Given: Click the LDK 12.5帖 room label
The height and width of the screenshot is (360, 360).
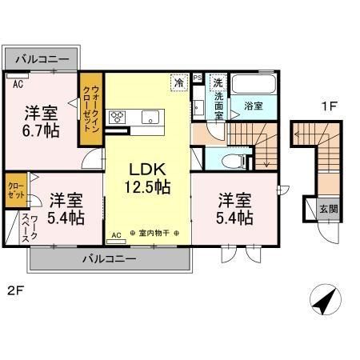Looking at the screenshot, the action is [148, 178].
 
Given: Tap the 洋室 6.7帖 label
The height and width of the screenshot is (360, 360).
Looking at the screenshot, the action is [41, 122].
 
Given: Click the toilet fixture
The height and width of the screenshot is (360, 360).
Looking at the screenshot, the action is [234, 161].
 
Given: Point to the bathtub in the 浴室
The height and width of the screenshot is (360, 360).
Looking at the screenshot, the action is [253, 83].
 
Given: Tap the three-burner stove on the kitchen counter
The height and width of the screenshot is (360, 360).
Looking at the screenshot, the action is [118, 118].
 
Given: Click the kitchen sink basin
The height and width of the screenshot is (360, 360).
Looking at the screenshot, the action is [150, 118].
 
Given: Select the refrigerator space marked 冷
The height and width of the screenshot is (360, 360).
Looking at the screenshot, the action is [179, 82].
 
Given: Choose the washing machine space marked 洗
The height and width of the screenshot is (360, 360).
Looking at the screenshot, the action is [218, 82].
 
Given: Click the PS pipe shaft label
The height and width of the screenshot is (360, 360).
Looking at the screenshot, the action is [198, 78].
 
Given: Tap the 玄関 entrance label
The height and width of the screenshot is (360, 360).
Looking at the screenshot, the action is [329, 209].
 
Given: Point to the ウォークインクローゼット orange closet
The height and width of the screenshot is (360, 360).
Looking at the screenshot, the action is [91, 109].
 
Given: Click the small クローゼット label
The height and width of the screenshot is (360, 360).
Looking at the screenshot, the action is [16, 190].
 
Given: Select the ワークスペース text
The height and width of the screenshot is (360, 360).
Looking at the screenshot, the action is [30, 229].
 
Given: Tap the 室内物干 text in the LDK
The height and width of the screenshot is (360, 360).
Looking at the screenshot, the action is [154, 233].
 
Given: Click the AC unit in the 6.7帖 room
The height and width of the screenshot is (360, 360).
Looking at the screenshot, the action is [18, 76].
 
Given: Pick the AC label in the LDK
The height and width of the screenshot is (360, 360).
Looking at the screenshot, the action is [116, 235].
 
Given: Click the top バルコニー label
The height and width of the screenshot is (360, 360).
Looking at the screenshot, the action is [42, 59].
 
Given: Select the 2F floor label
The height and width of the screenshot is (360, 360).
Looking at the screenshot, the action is [16, 290].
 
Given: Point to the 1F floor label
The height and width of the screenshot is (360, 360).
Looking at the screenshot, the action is [330, 106].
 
